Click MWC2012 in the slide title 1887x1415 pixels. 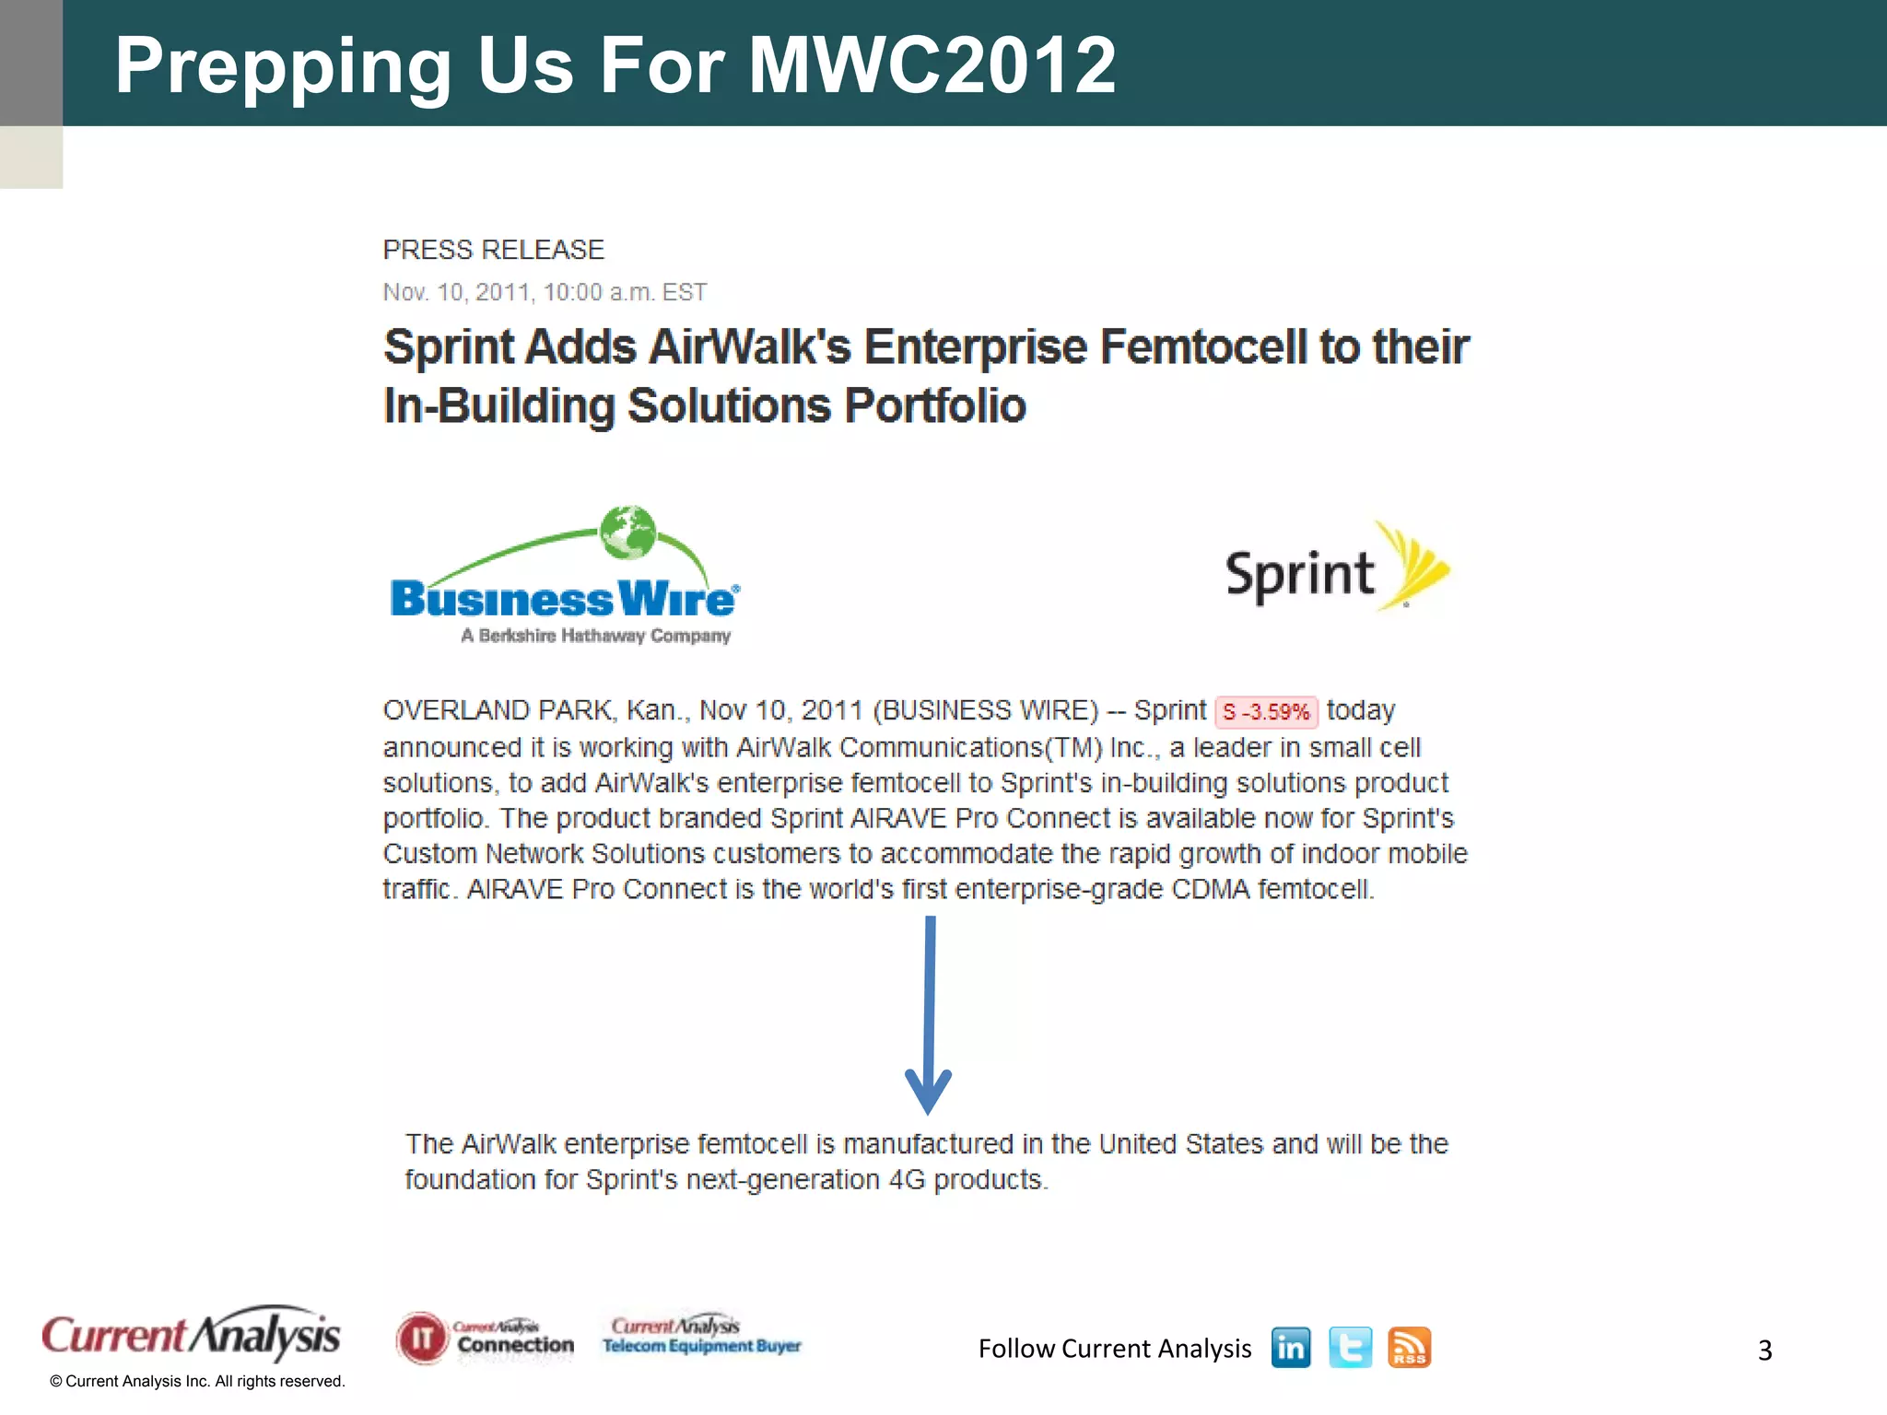[x=932, y=64]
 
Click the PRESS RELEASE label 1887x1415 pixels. [x=493, y=250]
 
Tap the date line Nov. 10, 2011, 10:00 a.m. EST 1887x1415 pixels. [x=545, y=292]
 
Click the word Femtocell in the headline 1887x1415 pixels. [x=1202, y=347]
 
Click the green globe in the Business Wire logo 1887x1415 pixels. [x=627, y=532]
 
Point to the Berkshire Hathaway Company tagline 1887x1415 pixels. [x=595, y=636]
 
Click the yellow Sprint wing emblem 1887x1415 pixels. [x=1417, y=565]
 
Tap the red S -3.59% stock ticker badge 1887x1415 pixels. [x=1266, y=712]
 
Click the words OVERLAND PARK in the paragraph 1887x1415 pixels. [x=497, y=710]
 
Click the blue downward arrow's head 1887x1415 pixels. [x=929, y=1092]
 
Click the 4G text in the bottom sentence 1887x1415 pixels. [x=907, y=1180]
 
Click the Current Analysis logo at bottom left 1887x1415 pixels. [x=191, y=1335]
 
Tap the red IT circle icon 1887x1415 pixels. [x=422, y=1339]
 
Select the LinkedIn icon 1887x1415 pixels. [x=1290, y=1349]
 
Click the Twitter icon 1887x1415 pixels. [x=1350, y=1349]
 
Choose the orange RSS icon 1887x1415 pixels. [x=1409, y=1349]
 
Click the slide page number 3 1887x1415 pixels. [x=1764, y=1351]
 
